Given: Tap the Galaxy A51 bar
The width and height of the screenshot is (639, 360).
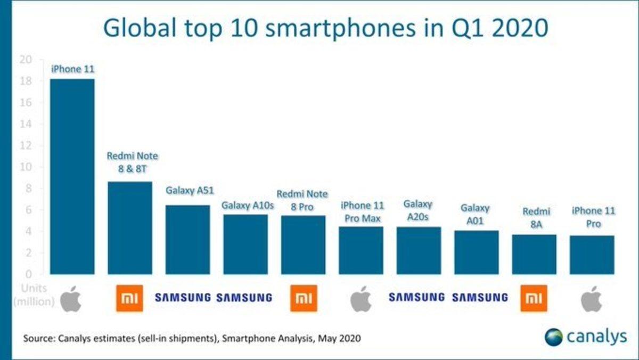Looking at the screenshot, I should tap(187, 240).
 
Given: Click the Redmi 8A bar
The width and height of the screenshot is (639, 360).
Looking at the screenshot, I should tap(534, 255).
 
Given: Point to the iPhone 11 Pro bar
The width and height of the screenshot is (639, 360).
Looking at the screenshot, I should tap(592, 255).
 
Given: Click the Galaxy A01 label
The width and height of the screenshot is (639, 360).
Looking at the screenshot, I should tap(475, 214).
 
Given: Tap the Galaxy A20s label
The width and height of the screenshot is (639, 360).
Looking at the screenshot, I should tap(418, 210).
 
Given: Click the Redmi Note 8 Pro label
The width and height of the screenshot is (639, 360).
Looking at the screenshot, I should tap(302, 200).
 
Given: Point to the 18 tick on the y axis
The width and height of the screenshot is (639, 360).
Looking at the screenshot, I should tap(25, 81).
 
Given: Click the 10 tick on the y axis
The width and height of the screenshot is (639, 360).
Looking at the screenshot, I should tap(25, 167).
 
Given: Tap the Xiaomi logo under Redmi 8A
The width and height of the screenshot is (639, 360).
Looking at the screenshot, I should tap(534, 298).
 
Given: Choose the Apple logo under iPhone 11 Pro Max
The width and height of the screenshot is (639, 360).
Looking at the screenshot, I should tap(361, 298).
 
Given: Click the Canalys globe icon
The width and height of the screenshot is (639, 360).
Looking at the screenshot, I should tap(554, 337).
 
